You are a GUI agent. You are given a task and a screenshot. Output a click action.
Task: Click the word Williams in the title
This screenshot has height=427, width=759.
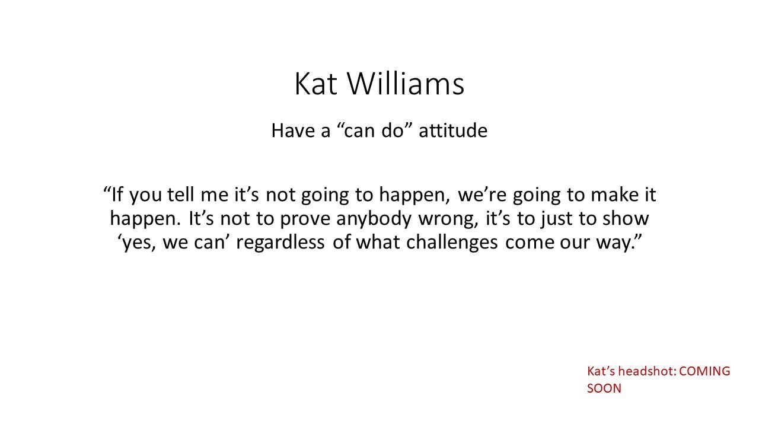tap(406, 84)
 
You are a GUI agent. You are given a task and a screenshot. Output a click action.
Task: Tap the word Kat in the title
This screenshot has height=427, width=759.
tap(316, 84)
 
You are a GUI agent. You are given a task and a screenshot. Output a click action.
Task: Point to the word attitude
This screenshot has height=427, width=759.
tap(453, 130)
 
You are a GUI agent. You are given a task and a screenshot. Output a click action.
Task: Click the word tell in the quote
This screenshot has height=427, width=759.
tap(181, 195)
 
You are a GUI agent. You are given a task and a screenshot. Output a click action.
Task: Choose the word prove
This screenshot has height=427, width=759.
tap(305, 219)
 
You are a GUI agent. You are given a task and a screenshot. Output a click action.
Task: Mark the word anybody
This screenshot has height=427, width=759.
tap(374, 219)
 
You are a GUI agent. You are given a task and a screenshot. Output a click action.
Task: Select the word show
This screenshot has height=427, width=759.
tap(626, 219)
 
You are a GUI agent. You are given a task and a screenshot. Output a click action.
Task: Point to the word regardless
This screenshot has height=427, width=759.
tap(280, 243)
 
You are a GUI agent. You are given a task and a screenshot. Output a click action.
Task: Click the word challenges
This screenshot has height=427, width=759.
tap(452, 243)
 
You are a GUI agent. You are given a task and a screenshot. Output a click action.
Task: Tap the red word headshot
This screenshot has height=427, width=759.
tap(647, 371)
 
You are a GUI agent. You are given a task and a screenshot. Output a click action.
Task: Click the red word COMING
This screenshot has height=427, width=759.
tap(705, 371)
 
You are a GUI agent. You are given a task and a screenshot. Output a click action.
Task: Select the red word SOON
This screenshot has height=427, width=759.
tap(604, 388)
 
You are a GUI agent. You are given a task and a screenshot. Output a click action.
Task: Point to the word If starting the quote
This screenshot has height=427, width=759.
tap(117, 195)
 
